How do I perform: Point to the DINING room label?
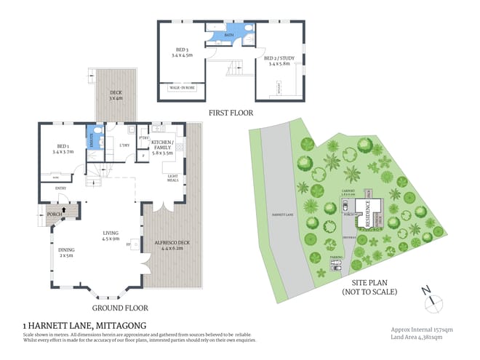tap(66, 252)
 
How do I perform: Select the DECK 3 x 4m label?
tap(116, 95)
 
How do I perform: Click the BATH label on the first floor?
tap(229, 34)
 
